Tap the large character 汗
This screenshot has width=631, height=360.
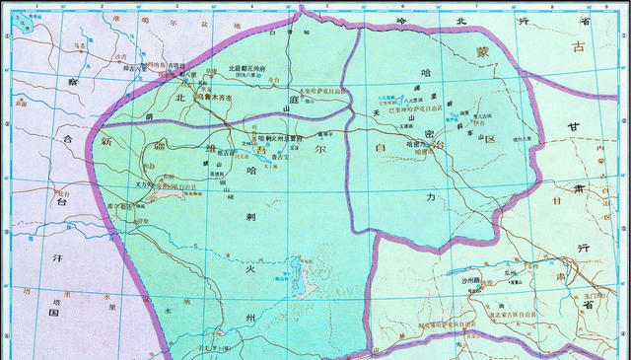[x=58, y=255]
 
